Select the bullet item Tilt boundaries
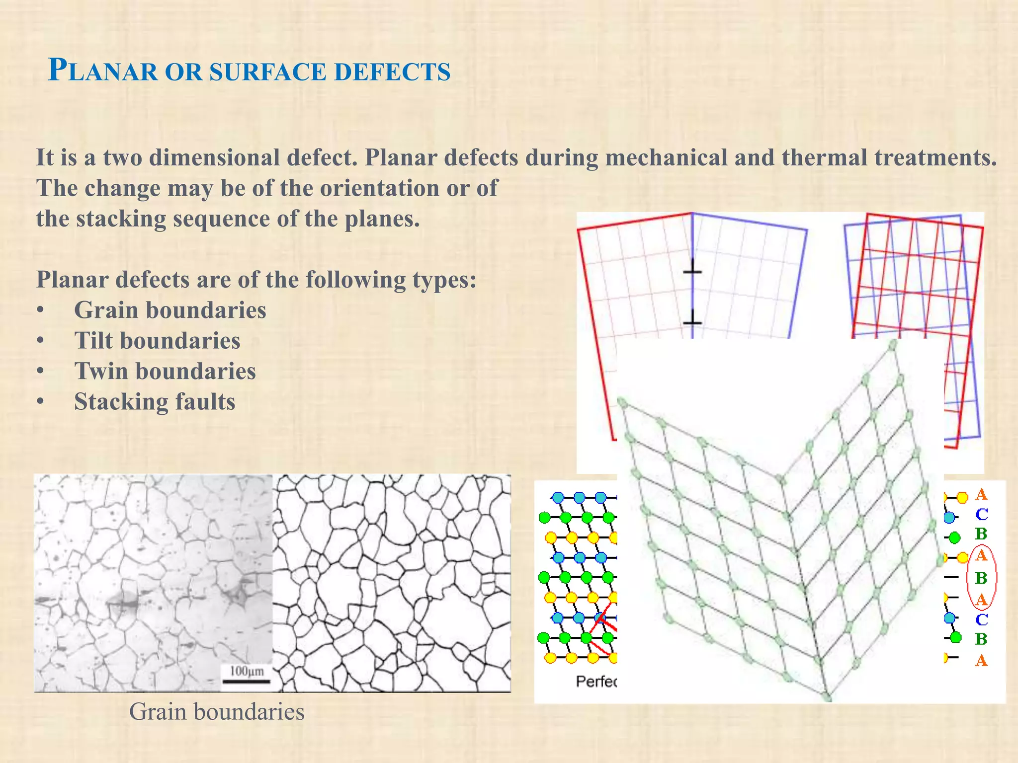click(x=157, y=341)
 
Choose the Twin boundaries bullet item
click(x=165, y=371)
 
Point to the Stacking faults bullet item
click(x=155, y=402)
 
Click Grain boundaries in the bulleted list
click(x=170, y=310)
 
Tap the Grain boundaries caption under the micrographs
click(x=217, y=711)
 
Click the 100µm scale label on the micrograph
click(x=247, y=671)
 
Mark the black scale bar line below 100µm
click(x=246, y=682)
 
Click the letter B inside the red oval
click(x=981, y=578)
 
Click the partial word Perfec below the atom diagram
click(x=595, y=682)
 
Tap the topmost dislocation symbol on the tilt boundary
click(x=692, y=271)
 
